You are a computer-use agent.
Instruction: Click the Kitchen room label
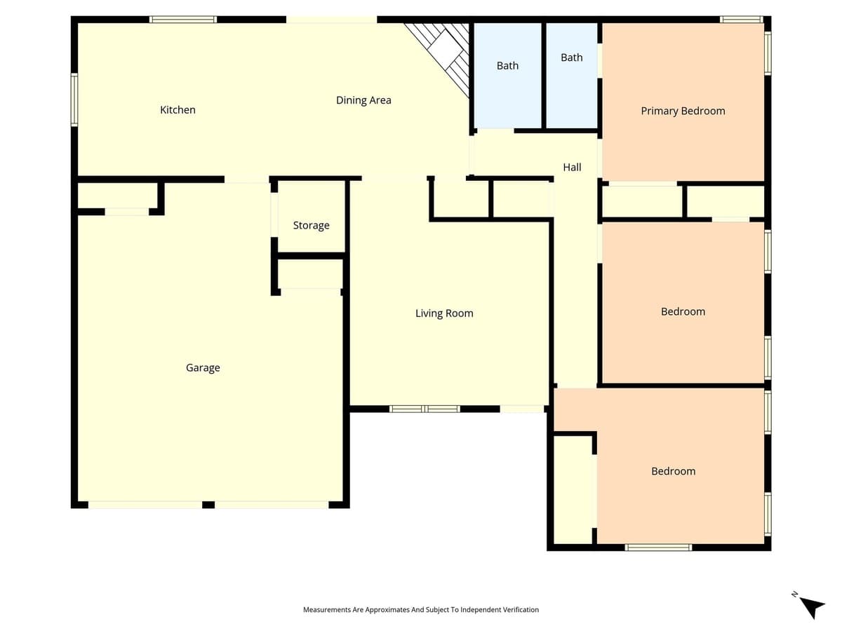(x=178, y=110)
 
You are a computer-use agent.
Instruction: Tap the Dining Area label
(x=363, y=100)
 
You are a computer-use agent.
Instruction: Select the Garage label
(x=203, y=368)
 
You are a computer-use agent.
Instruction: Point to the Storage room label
(x=311, y=225)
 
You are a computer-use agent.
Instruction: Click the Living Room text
(x=444, y=313)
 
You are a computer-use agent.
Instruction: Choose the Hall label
(x=572, y=167)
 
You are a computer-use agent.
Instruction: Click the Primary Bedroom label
(x=683, y=111)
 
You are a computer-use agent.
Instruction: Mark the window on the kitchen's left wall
(x=74, y=100)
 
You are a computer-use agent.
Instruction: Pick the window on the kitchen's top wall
(x=183, y=20)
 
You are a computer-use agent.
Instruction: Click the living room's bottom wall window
(x=425, y=409)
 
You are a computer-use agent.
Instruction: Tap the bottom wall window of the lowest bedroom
(x=658, y=548)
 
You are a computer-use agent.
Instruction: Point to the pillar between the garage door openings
(x=208, y=505)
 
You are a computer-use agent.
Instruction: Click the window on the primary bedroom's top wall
(x=741, y=20)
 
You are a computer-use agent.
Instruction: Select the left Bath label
(x=507, y=66)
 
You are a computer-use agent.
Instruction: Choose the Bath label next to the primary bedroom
(x=572, y=57)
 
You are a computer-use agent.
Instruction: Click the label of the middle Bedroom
(x=683, y=311)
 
